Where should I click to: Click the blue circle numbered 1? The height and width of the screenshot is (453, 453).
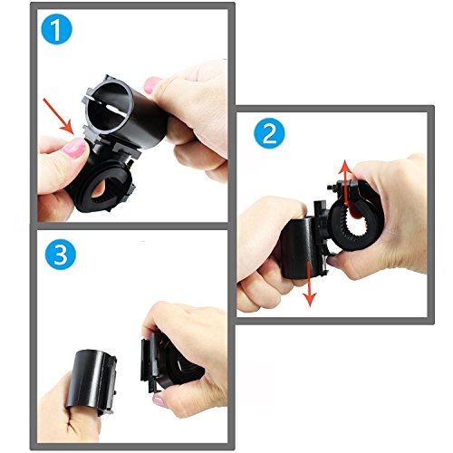(x=56, y=29)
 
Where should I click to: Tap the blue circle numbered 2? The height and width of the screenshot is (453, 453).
(x=269, y=133)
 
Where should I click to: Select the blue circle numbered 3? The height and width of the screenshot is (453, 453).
(x=61, y=254)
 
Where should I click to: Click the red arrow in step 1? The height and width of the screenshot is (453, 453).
(x=58, y=116)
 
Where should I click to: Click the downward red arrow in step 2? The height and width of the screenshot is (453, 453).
(x=310, y=284)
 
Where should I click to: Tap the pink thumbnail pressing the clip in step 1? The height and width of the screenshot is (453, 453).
(x=74, y=148)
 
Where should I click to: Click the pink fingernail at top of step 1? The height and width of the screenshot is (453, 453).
(x=152, y=85)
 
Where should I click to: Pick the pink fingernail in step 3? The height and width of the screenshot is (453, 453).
(x=159, y=401)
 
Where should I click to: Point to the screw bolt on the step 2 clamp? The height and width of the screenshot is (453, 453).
(x=332, y=188)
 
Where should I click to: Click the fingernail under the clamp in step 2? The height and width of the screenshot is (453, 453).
(x=333, y=262)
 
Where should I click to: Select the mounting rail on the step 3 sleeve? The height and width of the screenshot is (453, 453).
(x=108, y=384)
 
